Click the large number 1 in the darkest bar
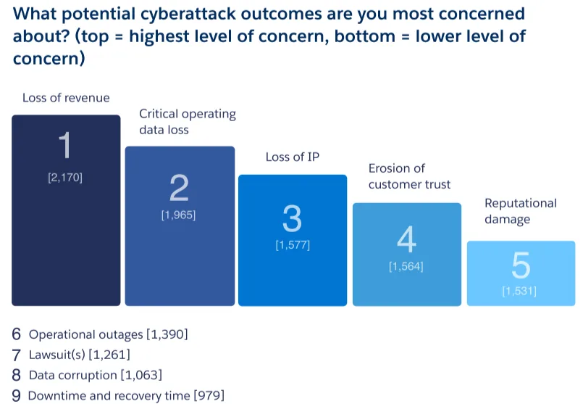coord(65,147)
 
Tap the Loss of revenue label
coord(66,98)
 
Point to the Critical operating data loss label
coord(187,122)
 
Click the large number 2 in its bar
coord(179,189)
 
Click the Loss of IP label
coord(292,157)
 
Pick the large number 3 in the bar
coord(292,218)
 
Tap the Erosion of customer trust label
coord(408,176)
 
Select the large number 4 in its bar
coord(406,239)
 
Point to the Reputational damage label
coord(520,211)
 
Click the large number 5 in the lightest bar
coord(520,266)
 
